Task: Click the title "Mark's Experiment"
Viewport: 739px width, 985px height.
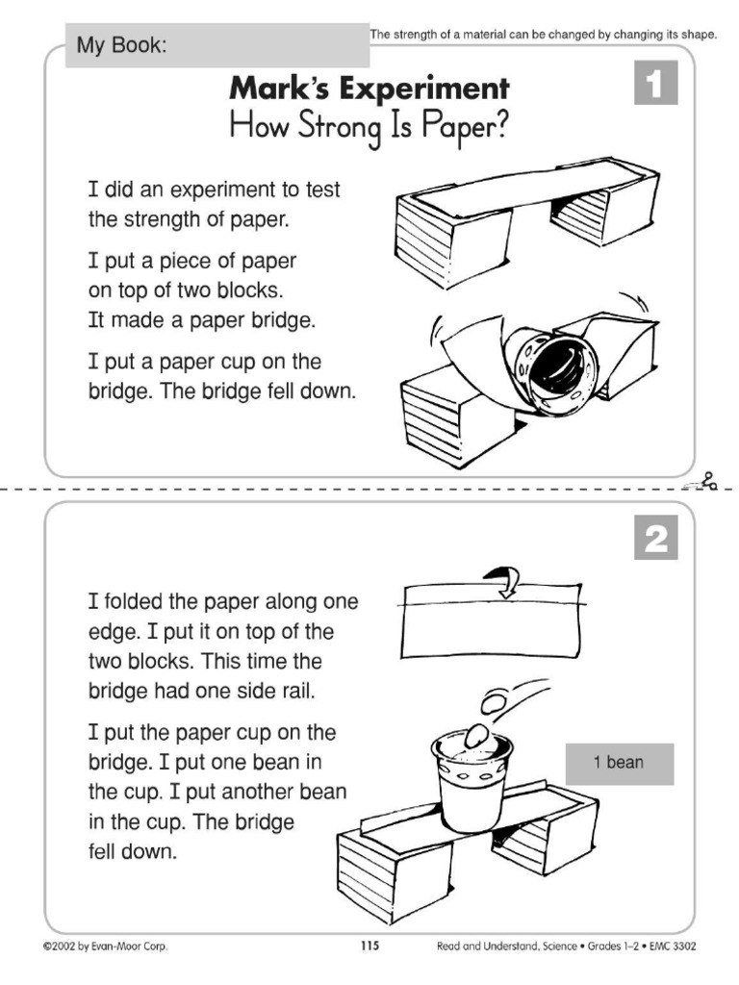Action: [369, 89]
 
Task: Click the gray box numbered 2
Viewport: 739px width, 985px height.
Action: [655, 539]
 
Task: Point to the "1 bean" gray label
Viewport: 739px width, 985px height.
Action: [619, 764]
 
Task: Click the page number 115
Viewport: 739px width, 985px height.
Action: [369, 947]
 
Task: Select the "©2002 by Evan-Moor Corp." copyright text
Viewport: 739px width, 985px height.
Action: [105, 947]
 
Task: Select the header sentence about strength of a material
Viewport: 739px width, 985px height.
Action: [544, 34]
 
